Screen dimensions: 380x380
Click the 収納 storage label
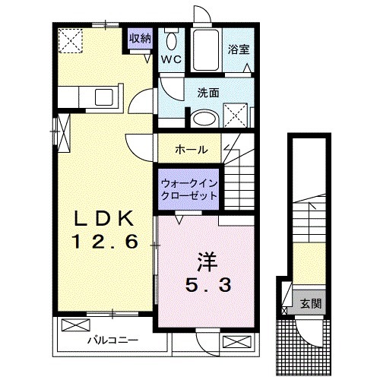(139, 38)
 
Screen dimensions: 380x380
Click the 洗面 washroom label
(208, 93)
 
